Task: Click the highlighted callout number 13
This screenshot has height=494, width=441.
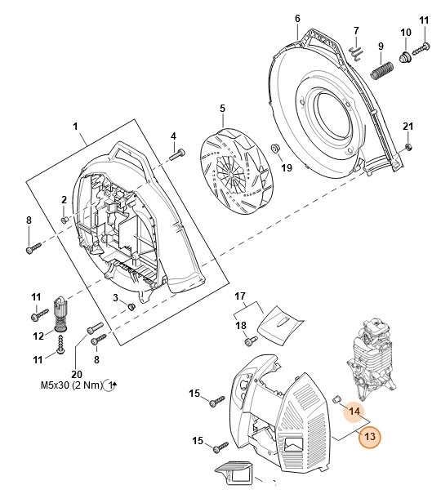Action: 370,437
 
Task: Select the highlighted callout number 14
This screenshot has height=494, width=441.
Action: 354,412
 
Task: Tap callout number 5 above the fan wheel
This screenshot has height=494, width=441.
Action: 222,109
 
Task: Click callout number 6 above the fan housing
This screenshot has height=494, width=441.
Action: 297,19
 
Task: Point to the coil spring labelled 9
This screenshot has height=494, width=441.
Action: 381,70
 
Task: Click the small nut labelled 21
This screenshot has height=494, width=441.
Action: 408,146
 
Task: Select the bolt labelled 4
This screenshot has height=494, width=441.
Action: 177,154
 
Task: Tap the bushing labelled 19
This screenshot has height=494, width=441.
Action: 276,148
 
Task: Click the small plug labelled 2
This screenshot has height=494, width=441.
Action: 65,220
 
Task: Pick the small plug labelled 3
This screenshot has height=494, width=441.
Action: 131,306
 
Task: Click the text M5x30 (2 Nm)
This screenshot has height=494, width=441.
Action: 72,385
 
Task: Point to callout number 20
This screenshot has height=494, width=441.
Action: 77,374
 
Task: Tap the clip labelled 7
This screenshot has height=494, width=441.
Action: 356,51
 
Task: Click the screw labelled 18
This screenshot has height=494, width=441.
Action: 251,340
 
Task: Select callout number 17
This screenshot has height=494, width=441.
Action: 240,296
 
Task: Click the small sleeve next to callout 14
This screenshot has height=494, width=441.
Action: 337,398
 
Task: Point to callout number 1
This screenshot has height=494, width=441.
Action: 75,127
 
